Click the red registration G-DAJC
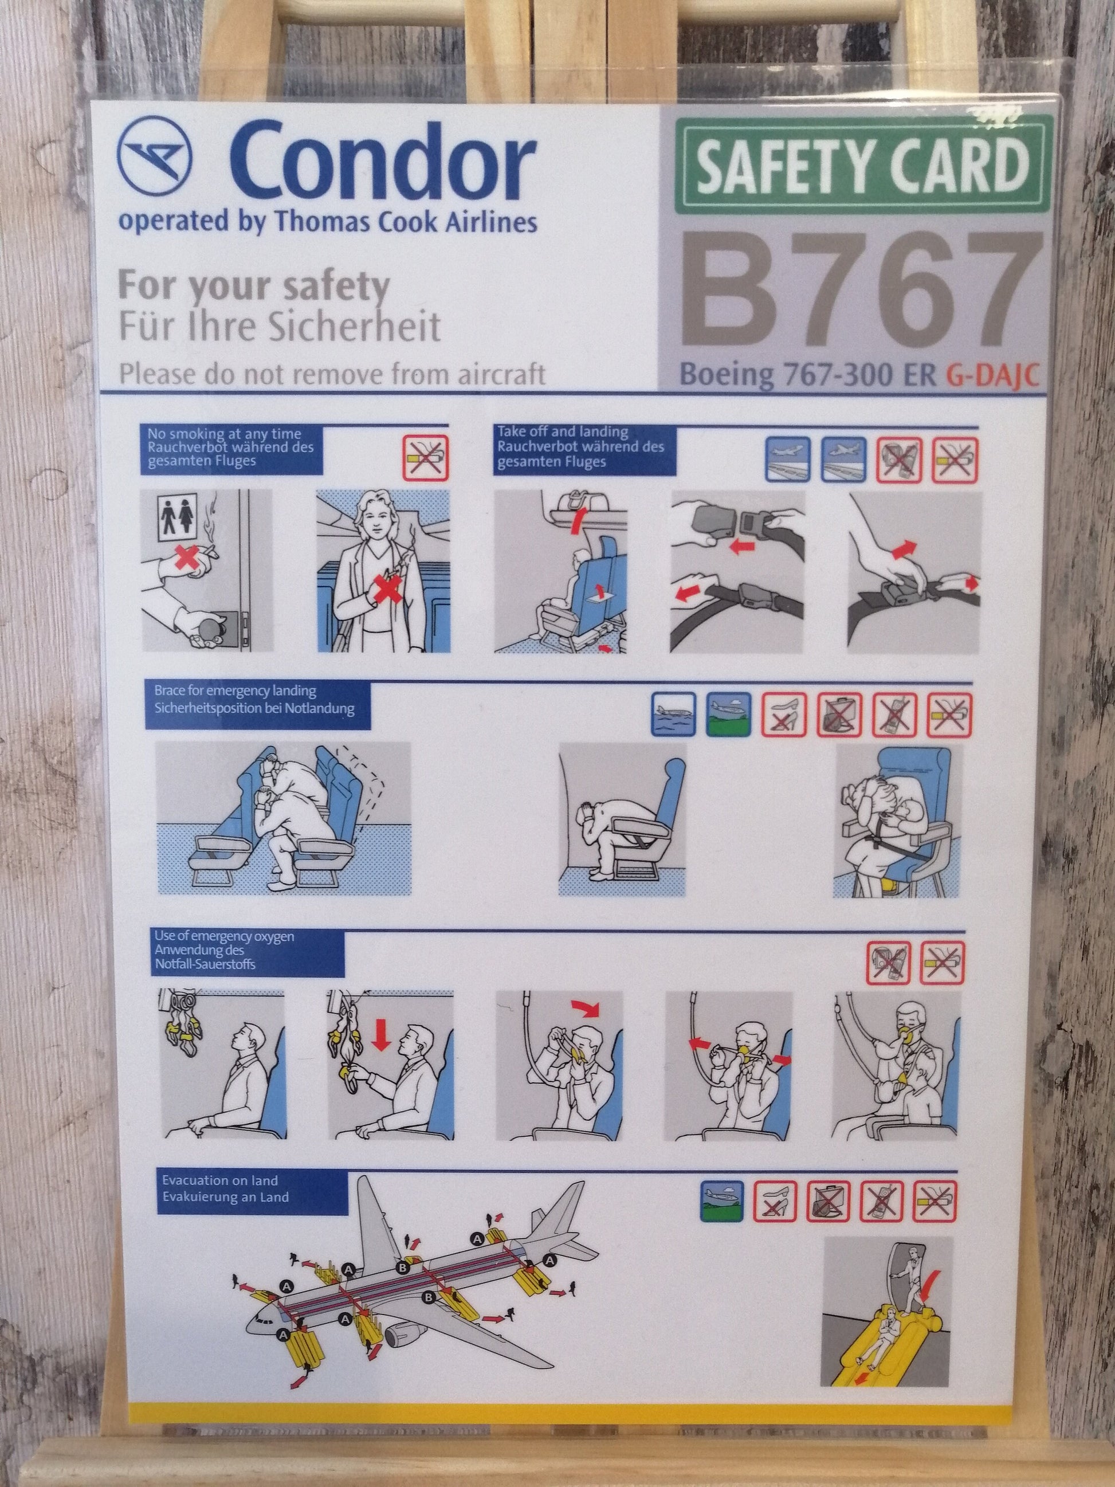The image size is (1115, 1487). (994, 376)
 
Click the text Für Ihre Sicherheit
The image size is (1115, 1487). (280, 327)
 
